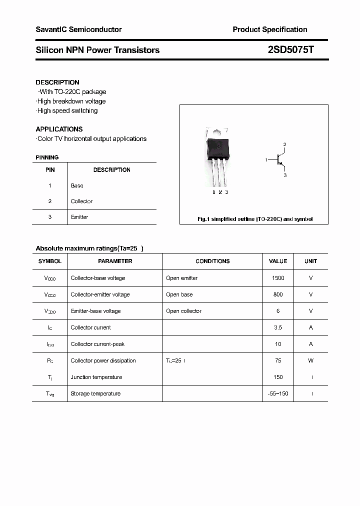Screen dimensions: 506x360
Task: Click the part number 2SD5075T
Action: pyautogui.click(x=290, y=50)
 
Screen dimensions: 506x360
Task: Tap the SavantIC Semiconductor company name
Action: pyautogui.click(x=78, y=29)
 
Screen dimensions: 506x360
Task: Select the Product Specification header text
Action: pyautogui.click(x=269, y=29)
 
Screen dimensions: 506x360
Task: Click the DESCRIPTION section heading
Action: pyautogui.click(x=57, y=82)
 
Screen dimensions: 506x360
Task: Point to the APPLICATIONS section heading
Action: pyautogui.click(x=59, y=129)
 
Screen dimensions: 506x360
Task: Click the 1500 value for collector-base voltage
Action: pyautogui.click(x=278, y=278)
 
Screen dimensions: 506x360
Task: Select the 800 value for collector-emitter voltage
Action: pyautogui.click(x=278, y=294)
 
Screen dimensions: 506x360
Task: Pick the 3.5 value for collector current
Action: pyautogui.click(x=278, y=327)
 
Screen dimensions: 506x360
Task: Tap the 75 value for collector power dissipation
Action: pyautogui.click(x=278, y=360)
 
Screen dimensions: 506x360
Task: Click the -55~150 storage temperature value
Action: pyautogui.click(x=278, y=393)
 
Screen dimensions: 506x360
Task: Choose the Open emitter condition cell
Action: pyautogui.click(x=181, y=278)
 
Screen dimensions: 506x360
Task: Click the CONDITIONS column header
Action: pyautogui.click(x=212, y=261)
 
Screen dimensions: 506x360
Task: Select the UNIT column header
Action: pyautogui.click(x=310, y=261)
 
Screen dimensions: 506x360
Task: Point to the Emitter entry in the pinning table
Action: pyautogui.click(x=79, y=217)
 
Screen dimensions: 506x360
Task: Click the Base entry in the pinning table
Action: pyautogui.click(x=77, y=185)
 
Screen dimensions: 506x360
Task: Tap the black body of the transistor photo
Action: pyautogui.click(x=219, y=148)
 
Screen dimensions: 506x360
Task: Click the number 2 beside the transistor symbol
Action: pyautogui.click(x=284, y=145)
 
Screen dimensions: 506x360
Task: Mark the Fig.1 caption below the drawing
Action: pyautogui.click(x=254, y=219)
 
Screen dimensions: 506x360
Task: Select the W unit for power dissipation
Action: pyautogui.click(x=310, y=360)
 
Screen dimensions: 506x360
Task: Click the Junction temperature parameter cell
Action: pyautogui.click(x=96, y=377)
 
